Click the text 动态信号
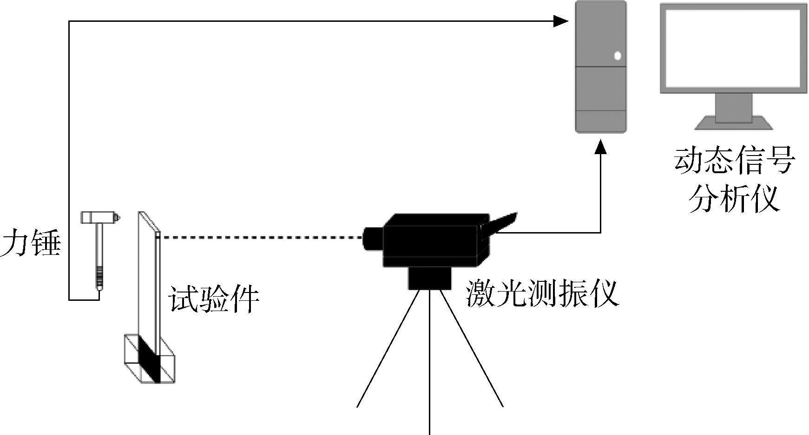735,161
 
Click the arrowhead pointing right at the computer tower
561,20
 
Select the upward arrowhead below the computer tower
601,147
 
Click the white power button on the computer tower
618,56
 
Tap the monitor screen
734,47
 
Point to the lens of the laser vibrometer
373,239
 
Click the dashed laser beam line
262,238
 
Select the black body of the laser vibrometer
436,240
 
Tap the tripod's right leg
472,348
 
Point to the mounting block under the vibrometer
430,278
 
